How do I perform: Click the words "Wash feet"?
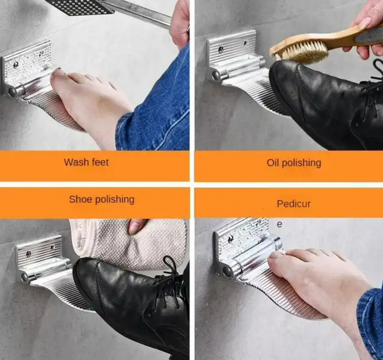pos(86,162)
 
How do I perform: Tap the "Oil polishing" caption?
pos(294,163)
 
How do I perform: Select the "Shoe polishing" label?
pos(101,199)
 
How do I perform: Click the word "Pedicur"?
pos(293,204)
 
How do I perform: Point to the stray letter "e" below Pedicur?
pos(279,224)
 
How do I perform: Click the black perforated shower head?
pos(80,6)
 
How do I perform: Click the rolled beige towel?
pos(128,243)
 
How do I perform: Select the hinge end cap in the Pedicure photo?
pos(228,272)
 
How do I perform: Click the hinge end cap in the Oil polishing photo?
pos(216,75)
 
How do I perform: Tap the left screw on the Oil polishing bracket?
pos(221,49)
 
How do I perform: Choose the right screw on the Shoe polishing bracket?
pos(52,247)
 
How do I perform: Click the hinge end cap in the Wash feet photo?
pos(12,92)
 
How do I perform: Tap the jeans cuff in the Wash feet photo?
pos(128,131)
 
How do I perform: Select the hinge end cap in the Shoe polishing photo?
pos(25,277)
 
